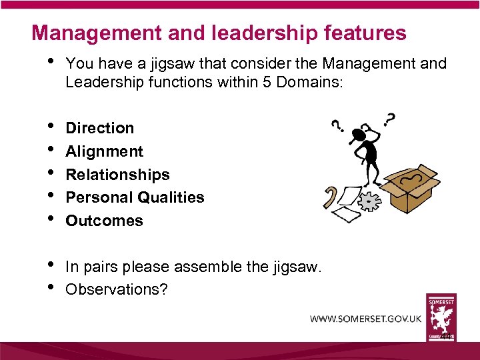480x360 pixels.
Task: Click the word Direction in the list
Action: [99, 128]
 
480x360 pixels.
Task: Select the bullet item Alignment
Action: [104, 151]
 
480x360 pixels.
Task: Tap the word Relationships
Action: [117, 175]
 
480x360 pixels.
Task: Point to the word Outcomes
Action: [104, 221]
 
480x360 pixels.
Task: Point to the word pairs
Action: [98, 267]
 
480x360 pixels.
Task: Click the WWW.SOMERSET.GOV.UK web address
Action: [365, 319]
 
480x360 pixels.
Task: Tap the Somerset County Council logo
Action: [441, 319]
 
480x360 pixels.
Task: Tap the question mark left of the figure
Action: [337, 126]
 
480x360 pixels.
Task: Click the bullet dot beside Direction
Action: [51, 126]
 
